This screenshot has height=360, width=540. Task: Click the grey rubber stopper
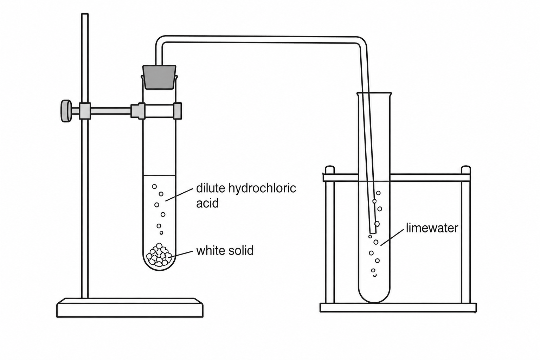point(159,77)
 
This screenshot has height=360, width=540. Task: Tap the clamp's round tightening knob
point(66,111)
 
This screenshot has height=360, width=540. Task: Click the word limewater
point(432,228)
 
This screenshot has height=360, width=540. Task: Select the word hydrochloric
point(262,188)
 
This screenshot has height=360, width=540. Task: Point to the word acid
point(207,203)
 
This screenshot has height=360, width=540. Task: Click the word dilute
point(211,188)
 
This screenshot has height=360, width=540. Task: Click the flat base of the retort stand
point(130,308)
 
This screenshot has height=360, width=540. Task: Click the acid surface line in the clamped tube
point(159,175)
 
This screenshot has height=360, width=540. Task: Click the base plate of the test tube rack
point(398,308)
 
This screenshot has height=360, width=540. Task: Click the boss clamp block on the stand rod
point(85,111)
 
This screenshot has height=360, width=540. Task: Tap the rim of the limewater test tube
point(374,93)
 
